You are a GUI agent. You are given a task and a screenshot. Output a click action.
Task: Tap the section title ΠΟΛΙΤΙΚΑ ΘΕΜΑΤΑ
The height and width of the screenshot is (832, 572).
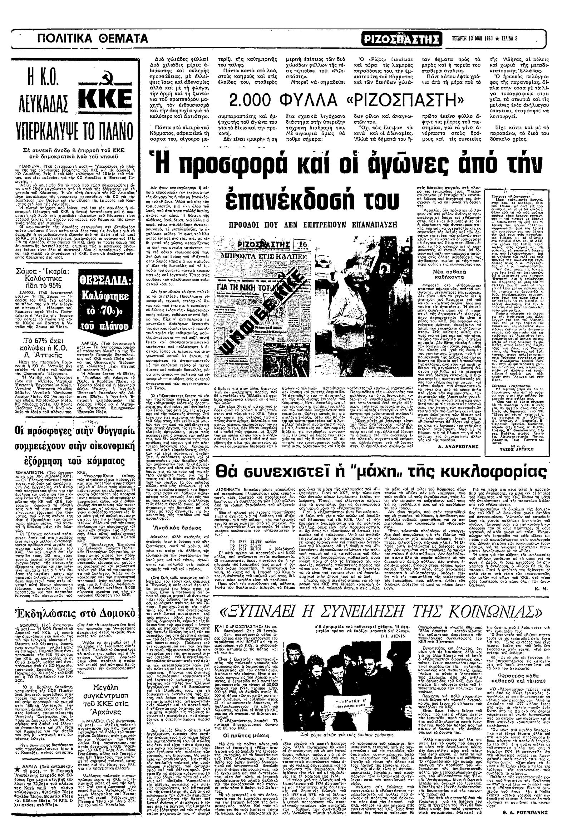coord(93,38)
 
